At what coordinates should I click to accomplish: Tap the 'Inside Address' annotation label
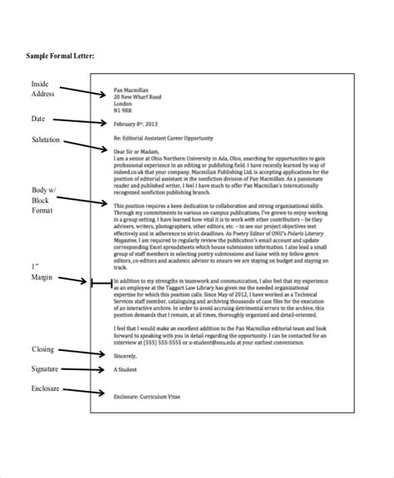(x=43, y=89)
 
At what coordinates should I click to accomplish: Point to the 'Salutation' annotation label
(x=47, y=139)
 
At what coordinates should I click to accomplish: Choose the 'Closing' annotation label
(x=43, y=349)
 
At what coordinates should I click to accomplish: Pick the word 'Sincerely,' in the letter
(x=125, y=354)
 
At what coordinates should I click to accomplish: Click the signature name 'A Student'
(x=126, y=372)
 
